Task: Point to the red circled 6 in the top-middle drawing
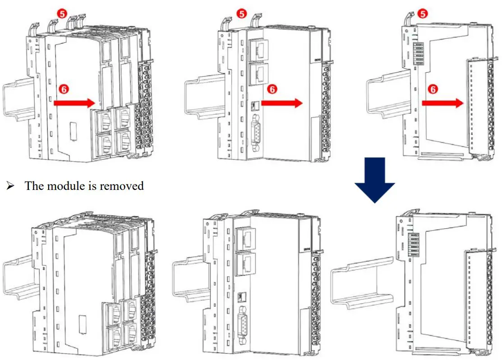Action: (272, 89)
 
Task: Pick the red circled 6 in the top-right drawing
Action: (432, 89)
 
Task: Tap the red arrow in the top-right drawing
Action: (442, 103)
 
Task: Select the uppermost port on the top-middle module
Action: (256, 48)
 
